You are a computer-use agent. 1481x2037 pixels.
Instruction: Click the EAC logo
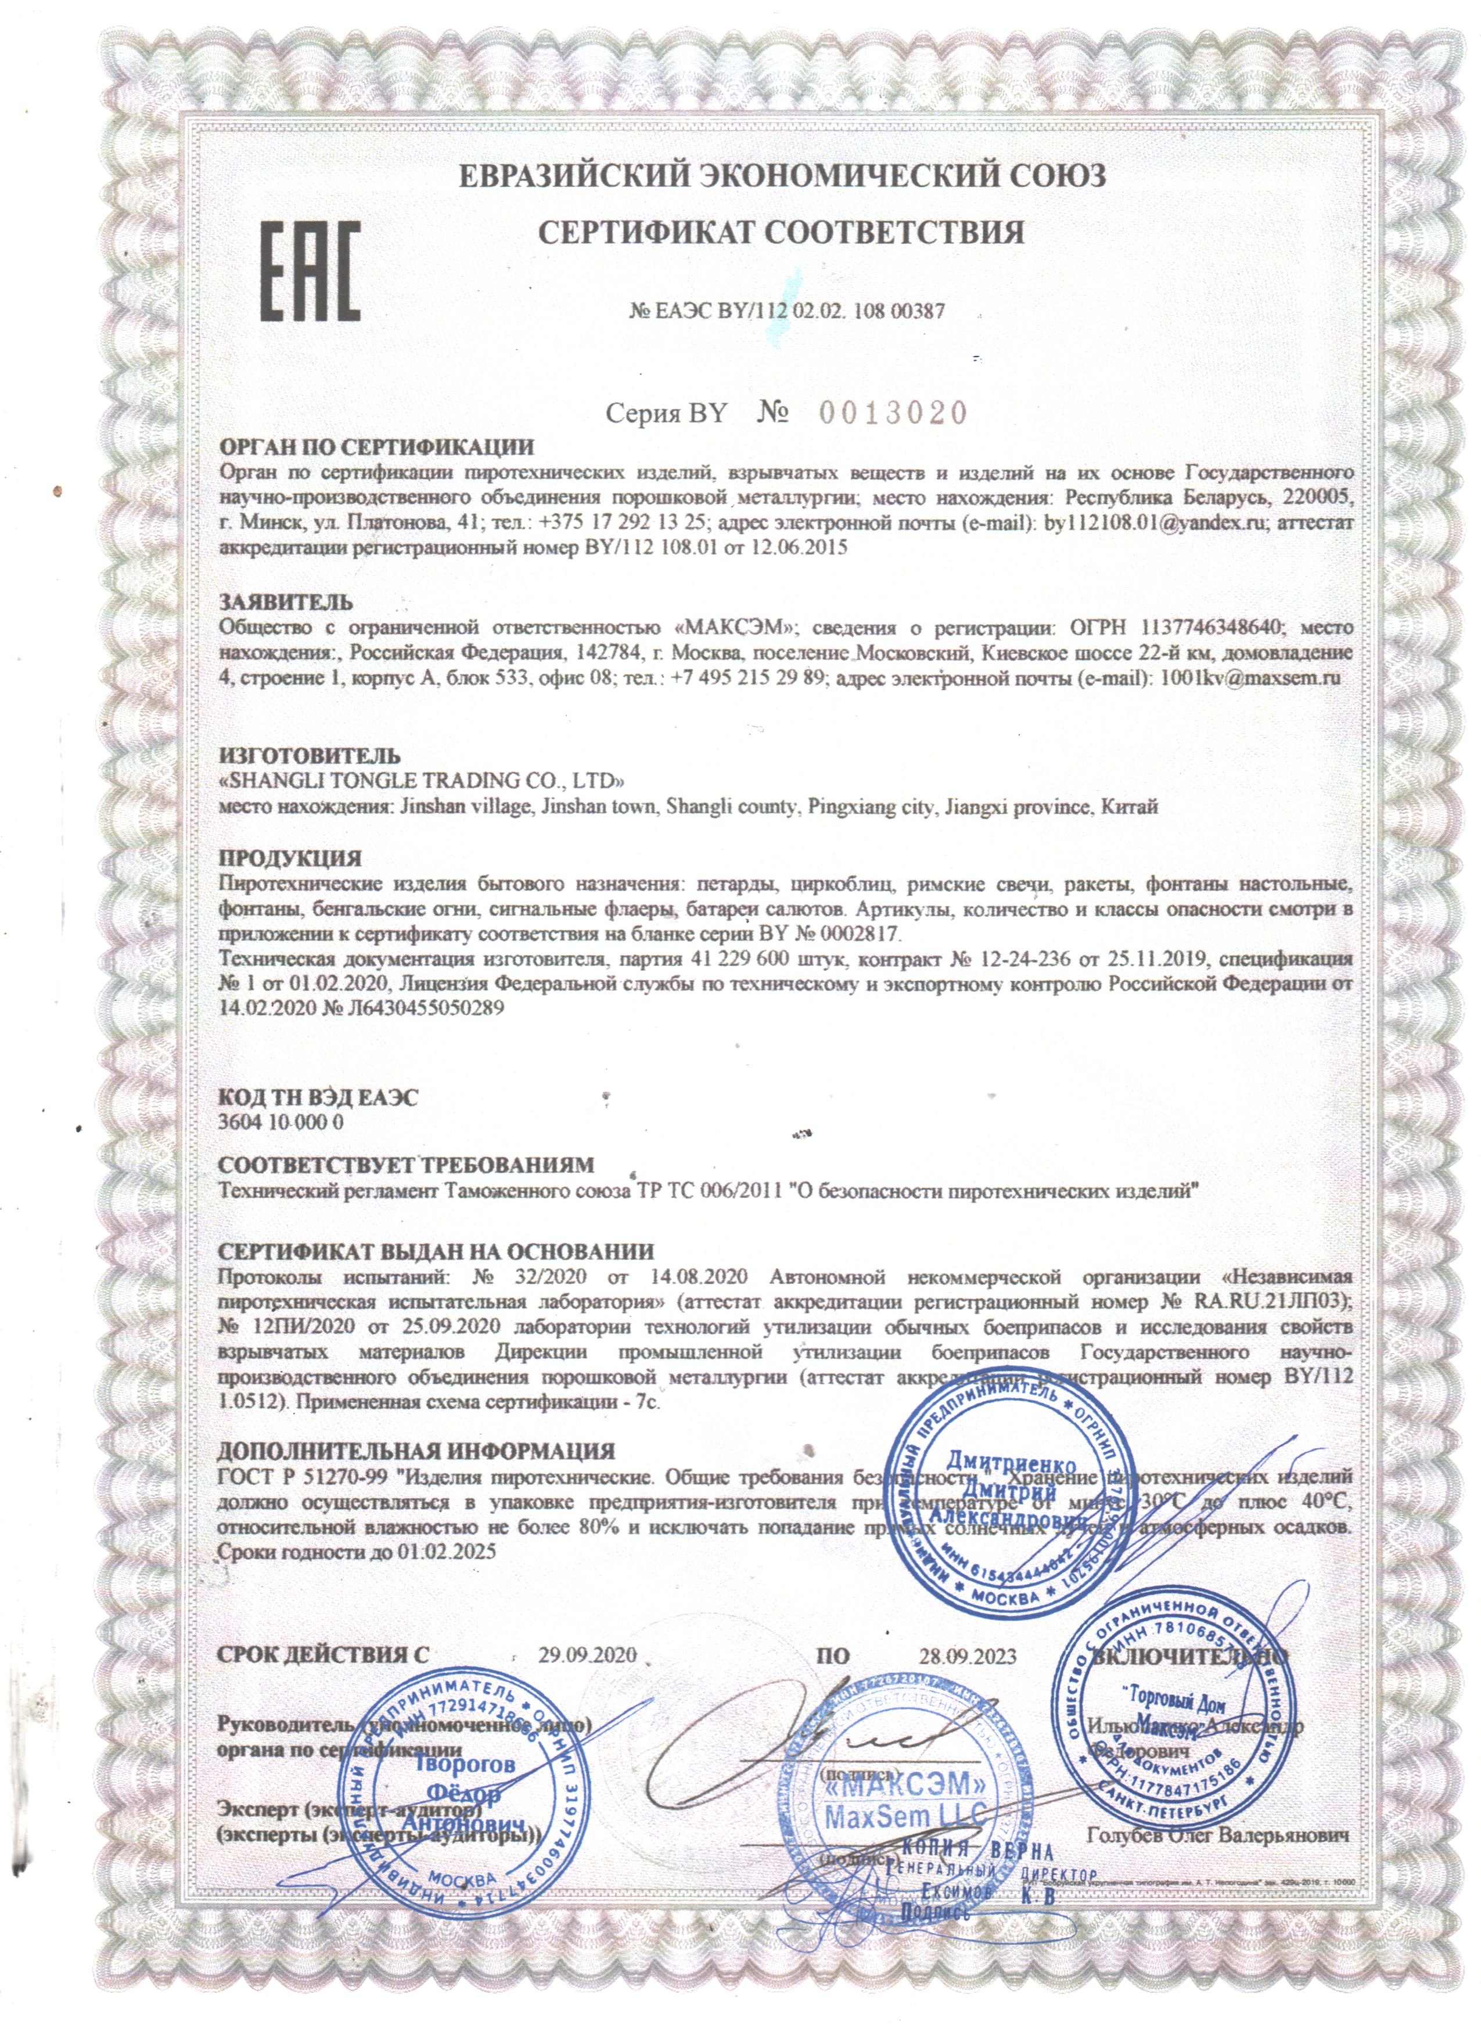pyautogui.click(x=311, y=271)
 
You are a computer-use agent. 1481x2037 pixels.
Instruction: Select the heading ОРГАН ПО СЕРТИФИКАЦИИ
pyautogui.click(x=376, y=447)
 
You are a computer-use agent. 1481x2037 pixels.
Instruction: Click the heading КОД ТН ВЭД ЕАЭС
pyautogui.click(x=319, y=1097)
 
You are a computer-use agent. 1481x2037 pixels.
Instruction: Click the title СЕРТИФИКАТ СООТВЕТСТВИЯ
pyautogui.click(x=781, y=233)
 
